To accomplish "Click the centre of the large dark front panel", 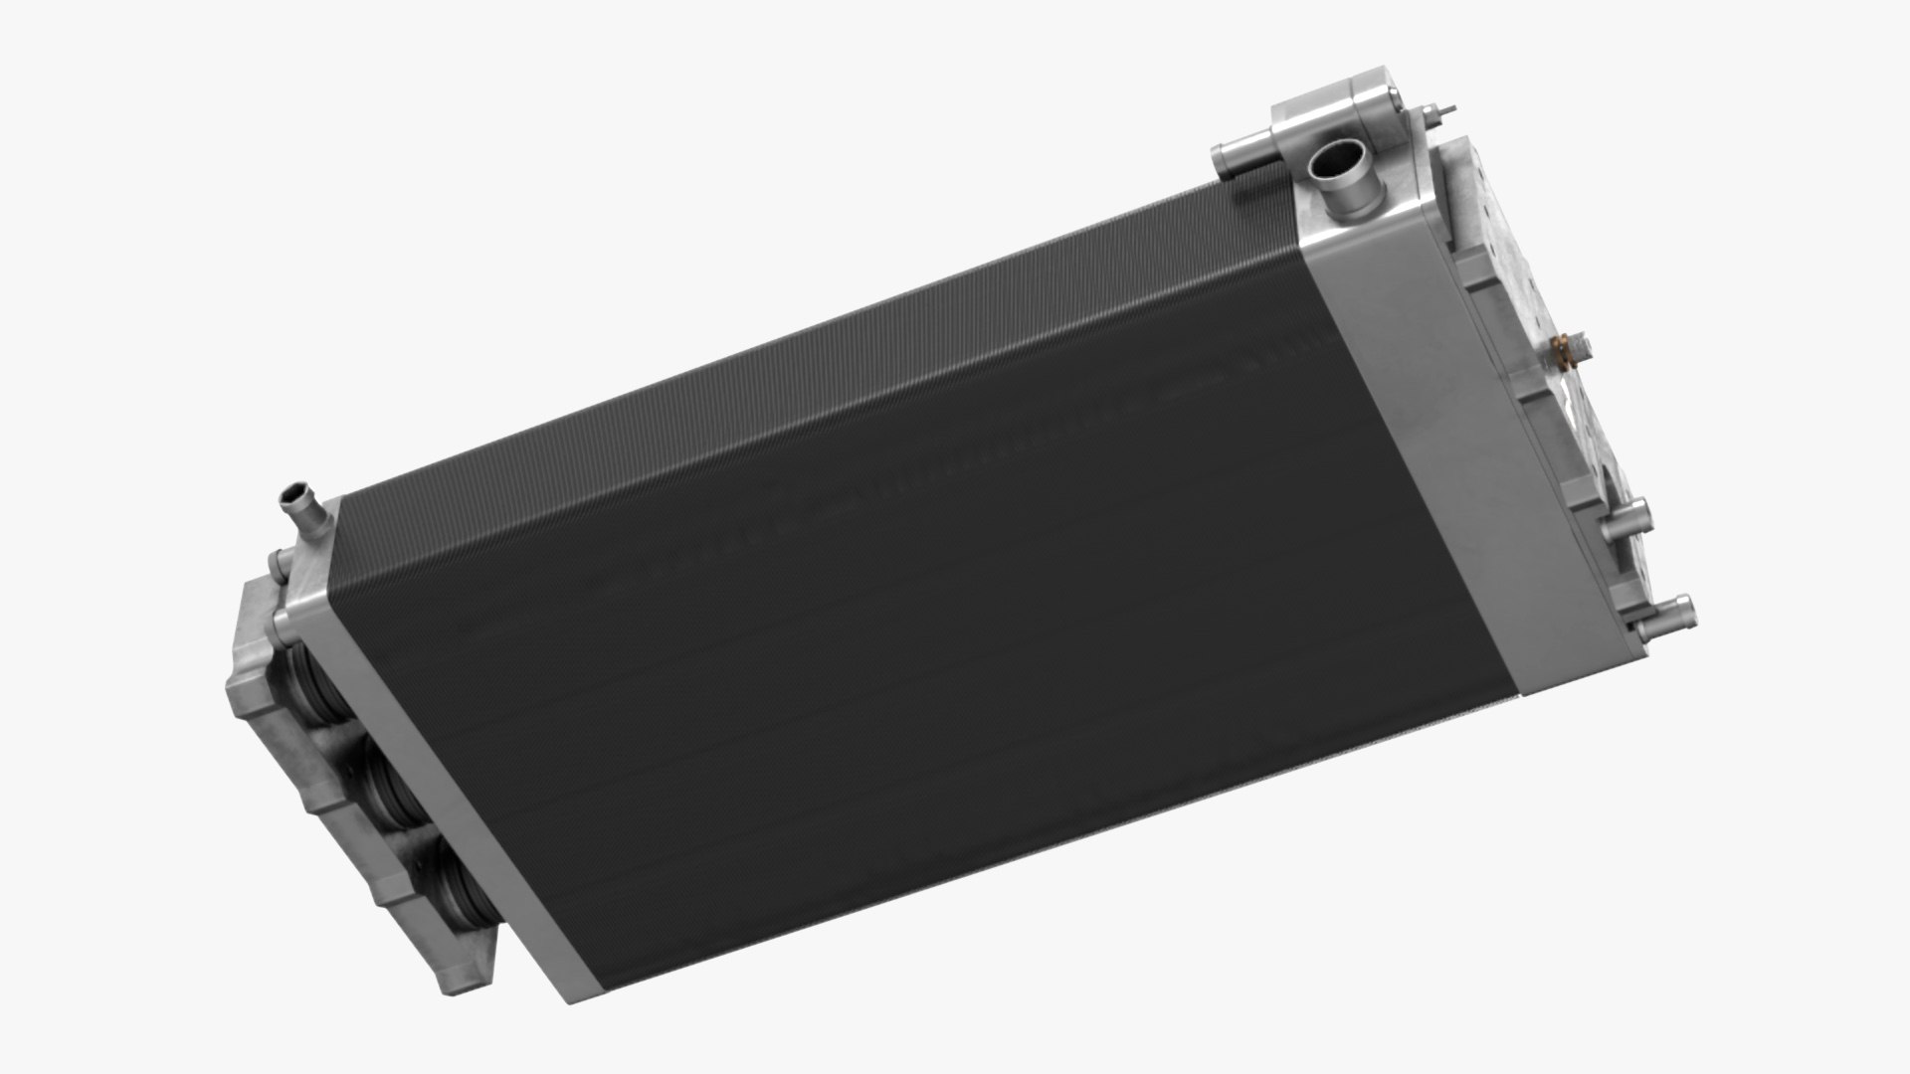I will (925, 636).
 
